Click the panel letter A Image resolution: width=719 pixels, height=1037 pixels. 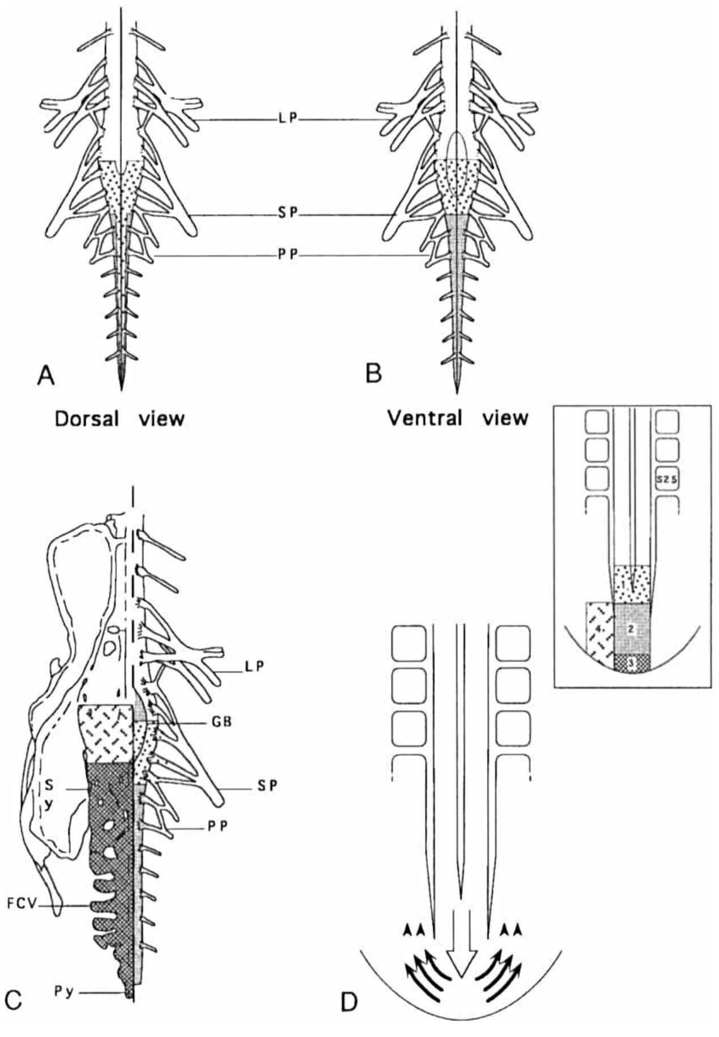click(46, 375)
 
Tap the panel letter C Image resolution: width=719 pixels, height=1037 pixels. click(14, 1000)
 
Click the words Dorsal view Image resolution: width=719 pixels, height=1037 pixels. click(120, 419)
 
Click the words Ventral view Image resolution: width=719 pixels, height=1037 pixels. click(458, 418)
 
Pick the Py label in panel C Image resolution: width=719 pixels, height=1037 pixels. click(63, 992)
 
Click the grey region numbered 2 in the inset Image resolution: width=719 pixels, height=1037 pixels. click(632, 628)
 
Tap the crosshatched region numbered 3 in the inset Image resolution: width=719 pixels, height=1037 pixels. click(632, 661)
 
